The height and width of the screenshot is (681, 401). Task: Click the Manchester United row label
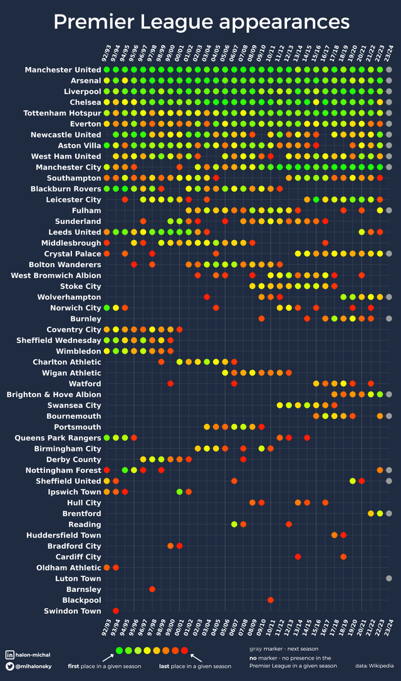[x=63, y=70]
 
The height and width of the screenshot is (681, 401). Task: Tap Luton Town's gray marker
[x=389, y=578]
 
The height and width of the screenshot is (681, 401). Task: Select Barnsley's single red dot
[x=152, y=589]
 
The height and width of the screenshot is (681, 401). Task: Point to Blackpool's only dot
[x=270, y=600]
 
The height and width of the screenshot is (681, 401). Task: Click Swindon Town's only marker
[x=115, y=611]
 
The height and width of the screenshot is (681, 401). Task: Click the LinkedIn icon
[x=10, y=655]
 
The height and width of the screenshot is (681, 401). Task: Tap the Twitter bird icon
[x=10, y=666]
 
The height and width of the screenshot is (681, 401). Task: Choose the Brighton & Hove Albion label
[x=54, y=394]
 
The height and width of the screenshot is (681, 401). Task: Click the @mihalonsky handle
[x=38, y=666]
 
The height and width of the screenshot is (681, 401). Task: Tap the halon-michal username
[x=37, y=655]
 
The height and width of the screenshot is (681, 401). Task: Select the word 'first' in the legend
[x=75, y=666]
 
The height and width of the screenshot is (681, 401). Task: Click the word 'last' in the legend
[x=165, y=666]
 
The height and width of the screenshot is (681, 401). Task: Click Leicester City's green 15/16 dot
[x=316, y=199]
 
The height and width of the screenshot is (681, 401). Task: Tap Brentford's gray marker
[x=389, y=514]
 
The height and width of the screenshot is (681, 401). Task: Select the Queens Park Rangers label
[x=60, y=438]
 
